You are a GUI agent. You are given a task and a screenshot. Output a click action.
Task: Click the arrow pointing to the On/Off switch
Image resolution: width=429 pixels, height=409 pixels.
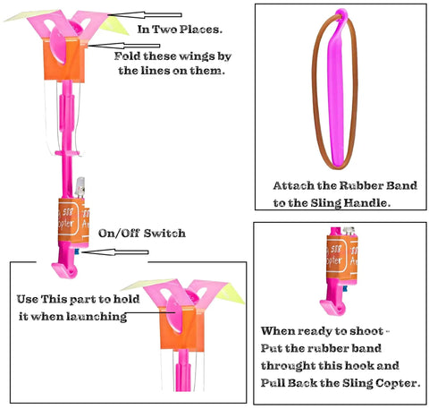(x=115, y=252)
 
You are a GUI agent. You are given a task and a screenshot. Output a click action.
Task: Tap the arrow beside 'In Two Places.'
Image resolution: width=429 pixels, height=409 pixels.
(x=145, y=15)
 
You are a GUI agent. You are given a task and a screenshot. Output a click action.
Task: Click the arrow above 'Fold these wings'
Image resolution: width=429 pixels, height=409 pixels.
(x=123, y=46)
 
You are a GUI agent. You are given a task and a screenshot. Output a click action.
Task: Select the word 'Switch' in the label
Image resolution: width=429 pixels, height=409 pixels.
(x=164, y=234)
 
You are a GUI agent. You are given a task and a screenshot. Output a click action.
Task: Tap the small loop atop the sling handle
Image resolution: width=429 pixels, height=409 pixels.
(x=341, y=13)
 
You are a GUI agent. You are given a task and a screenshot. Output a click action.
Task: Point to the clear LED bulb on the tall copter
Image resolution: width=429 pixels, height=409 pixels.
(x=80, y=187)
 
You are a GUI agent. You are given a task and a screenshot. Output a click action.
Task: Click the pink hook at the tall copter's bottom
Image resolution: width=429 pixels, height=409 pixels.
(x=65, y=269)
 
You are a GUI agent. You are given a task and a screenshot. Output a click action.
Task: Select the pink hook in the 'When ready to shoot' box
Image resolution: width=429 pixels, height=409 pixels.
(x=333, y=307)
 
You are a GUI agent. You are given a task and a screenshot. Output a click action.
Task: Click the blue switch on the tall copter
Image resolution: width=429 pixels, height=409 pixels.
(x=77, y=251)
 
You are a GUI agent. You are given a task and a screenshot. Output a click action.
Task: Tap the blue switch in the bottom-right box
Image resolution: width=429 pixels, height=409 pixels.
(x=345, y=288)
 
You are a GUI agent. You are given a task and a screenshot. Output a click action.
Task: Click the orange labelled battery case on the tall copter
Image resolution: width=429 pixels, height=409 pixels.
(x=73, y=221)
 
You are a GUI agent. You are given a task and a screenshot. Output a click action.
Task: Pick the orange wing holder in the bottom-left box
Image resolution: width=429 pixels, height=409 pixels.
(x=182, y=328)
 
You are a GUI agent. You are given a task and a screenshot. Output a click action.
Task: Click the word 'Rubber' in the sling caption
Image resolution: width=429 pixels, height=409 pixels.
(x=361, y=186)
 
